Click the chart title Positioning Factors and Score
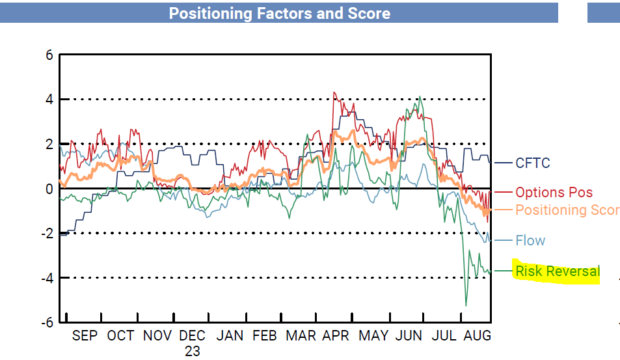[279, 13]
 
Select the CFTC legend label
[532, 163]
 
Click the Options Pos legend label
[554, 193]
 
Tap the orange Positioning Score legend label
[567, 210]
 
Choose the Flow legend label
[530, 241]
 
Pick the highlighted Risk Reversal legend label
[557, 271]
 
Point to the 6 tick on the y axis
[49, 55]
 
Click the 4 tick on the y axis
[49, 100]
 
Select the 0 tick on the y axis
[49, 189]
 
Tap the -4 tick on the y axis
[46, 278]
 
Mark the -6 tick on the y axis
[46, 322]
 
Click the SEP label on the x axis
[85, 336]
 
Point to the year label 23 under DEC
[193, 351]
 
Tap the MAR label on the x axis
[301, 336]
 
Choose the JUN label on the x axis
[409, 336]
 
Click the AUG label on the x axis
[478, 336]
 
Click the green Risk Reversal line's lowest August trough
[466, 305]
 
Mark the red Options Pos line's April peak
[334, 92]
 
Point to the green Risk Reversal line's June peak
[421, 97]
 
